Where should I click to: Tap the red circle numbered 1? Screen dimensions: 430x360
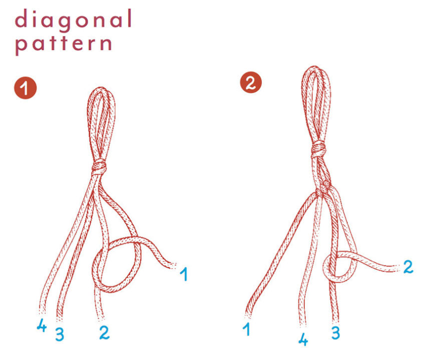[25, 88]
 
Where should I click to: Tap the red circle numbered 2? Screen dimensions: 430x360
[251, 82]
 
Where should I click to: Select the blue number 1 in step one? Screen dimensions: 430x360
[184, 274]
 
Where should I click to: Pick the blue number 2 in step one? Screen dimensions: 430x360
[104, 332]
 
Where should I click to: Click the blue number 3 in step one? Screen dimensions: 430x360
[60, 334]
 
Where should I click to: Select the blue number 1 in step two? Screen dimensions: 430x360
[247, 329]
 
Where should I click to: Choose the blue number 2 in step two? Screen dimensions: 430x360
[408, 266]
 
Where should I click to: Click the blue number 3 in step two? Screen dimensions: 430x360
[335, 332]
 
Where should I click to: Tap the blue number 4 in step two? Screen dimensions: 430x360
[303, 339]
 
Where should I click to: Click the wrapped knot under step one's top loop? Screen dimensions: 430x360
[99, 167]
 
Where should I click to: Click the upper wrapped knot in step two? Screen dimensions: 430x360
[318, 149]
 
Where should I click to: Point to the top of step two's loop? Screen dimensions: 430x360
[314, 67]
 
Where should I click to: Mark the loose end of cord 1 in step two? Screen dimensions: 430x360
[248, 315]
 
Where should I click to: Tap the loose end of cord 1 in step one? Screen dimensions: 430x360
[173, 266]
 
